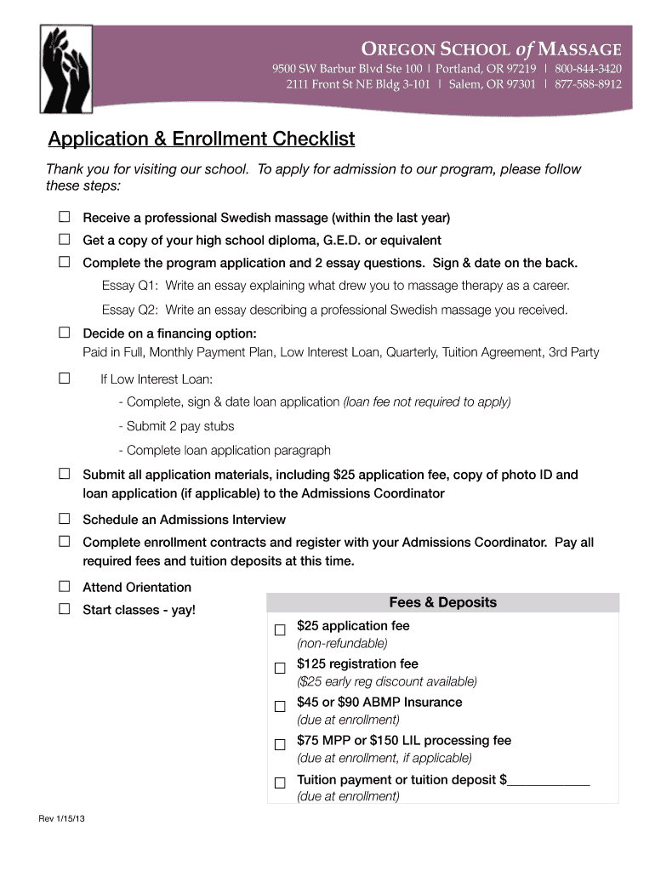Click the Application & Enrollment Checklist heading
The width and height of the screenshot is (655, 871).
coord(201,139)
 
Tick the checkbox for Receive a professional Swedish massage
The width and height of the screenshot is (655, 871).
coord(64,217)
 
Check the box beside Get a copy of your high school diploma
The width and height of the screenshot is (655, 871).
coord(64,240)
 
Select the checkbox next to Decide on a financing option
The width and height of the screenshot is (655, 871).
coord(64,331)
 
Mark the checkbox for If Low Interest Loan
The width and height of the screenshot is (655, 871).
coord(64,378)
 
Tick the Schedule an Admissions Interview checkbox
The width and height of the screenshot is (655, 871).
coord(64,518)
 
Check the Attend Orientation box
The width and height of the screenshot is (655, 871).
coord(64,586)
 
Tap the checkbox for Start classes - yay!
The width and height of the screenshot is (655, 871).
coord(64,609)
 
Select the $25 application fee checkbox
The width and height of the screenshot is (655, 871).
coord(280,630)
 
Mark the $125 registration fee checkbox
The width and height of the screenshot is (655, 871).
coord(280,668)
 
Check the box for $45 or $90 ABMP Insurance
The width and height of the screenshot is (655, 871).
coord(280,706)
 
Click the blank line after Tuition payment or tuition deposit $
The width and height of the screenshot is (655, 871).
coord(548,781)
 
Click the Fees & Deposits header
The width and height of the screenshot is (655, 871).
coord(442,603)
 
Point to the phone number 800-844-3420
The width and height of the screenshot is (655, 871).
coord(588,68)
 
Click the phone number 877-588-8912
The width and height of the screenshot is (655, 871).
coord(588,84)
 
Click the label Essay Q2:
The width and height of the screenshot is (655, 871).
coord(130,310)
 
